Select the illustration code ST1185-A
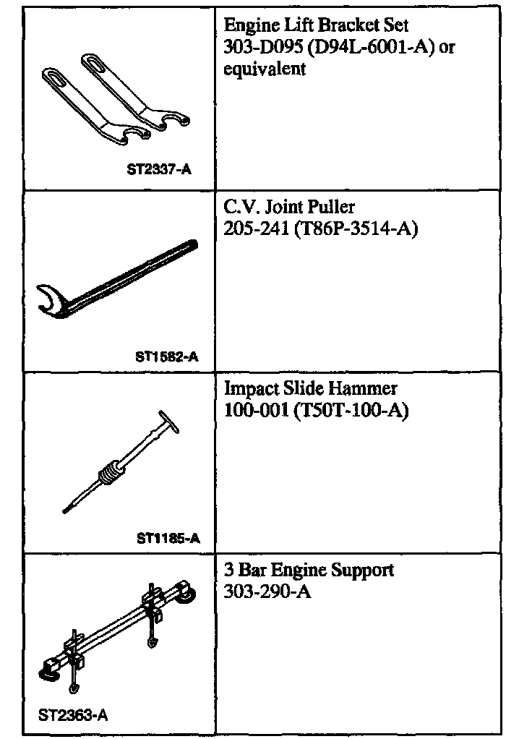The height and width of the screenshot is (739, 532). point(168,537)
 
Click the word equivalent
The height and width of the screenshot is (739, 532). point(265,69)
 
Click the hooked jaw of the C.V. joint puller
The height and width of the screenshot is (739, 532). point(51,301)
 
